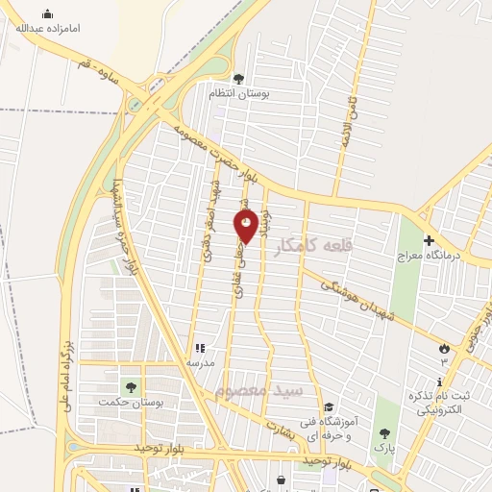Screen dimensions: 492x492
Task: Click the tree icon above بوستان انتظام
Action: [x=238, y=80]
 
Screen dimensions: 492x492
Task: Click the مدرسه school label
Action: [x=200, y=364]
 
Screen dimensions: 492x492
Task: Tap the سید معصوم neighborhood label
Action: [x=260, y=392]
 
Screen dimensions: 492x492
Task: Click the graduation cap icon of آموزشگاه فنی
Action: [x=331, y=407]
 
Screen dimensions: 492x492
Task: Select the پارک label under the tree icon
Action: [x=385, y=449]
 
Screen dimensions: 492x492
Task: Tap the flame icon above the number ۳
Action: [x=444, y=348]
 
